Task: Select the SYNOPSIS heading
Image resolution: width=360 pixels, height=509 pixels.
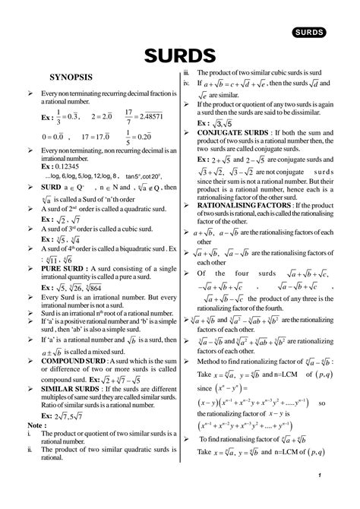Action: pos(71,77)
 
